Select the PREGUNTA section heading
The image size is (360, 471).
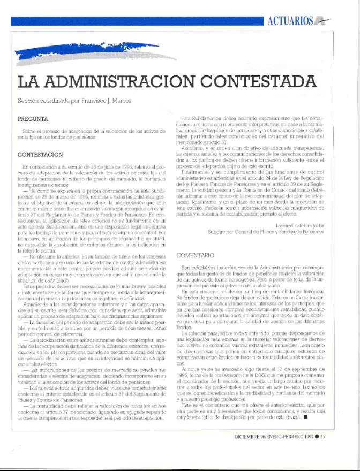click(x=33, y=117)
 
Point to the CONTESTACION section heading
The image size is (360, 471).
click(x=40, y=154)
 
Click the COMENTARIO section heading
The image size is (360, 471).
click(x=198, y=256)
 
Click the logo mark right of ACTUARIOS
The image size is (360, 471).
click(x=322, y=21)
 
